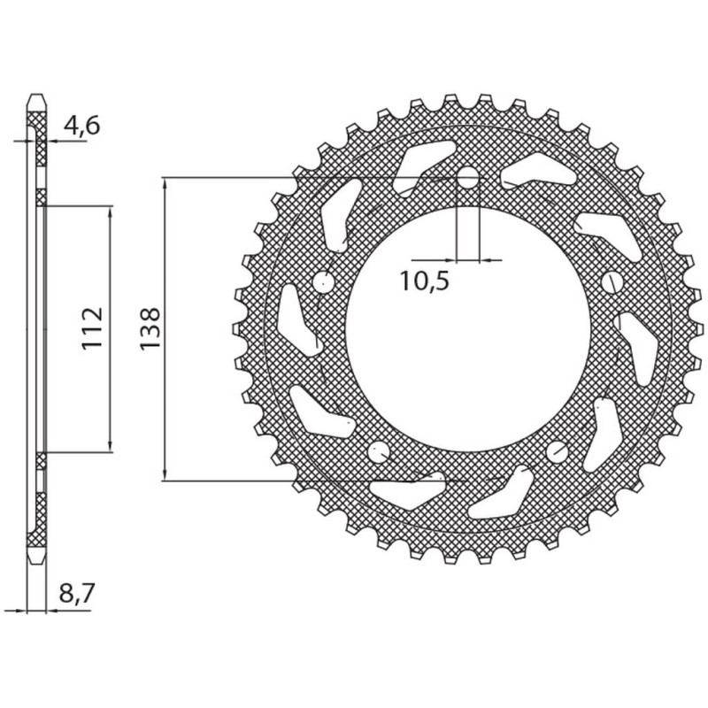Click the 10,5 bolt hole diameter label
[425, 282]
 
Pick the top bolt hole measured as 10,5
[466, 180]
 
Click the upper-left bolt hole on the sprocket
[322, 282]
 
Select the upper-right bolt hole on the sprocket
[612, 282]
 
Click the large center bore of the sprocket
[466, 329]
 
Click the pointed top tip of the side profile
[36, 92]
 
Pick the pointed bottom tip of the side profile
[36, 565]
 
